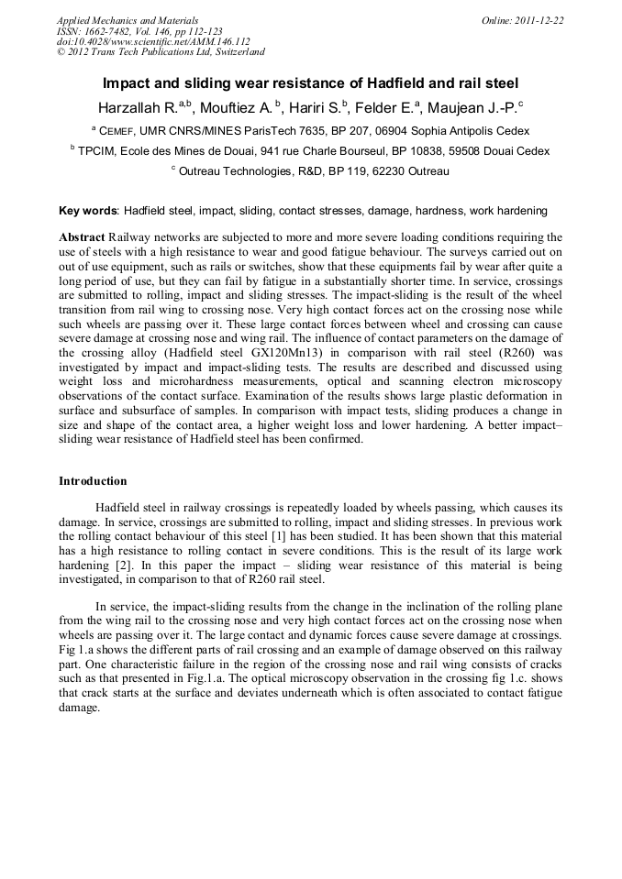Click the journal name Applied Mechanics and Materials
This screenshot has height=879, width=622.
coord(128,20)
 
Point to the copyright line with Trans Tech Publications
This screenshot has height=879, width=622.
coord(161,52)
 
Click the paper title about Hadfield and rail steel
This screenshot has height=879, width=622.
coord(310,82)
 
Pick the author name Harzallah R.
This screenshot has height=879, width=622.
coord(137,105)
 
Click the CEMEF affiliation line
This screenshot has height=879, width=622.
coord(310,131)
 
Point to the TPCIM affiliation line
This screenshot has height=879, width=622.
coord(310,151)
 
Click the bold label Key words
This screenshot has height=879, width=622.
coord(88,210)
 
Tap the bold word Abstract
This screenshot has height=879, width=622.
coord(82,236)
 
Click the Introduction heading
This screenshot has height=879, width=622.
coord(93,480)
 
